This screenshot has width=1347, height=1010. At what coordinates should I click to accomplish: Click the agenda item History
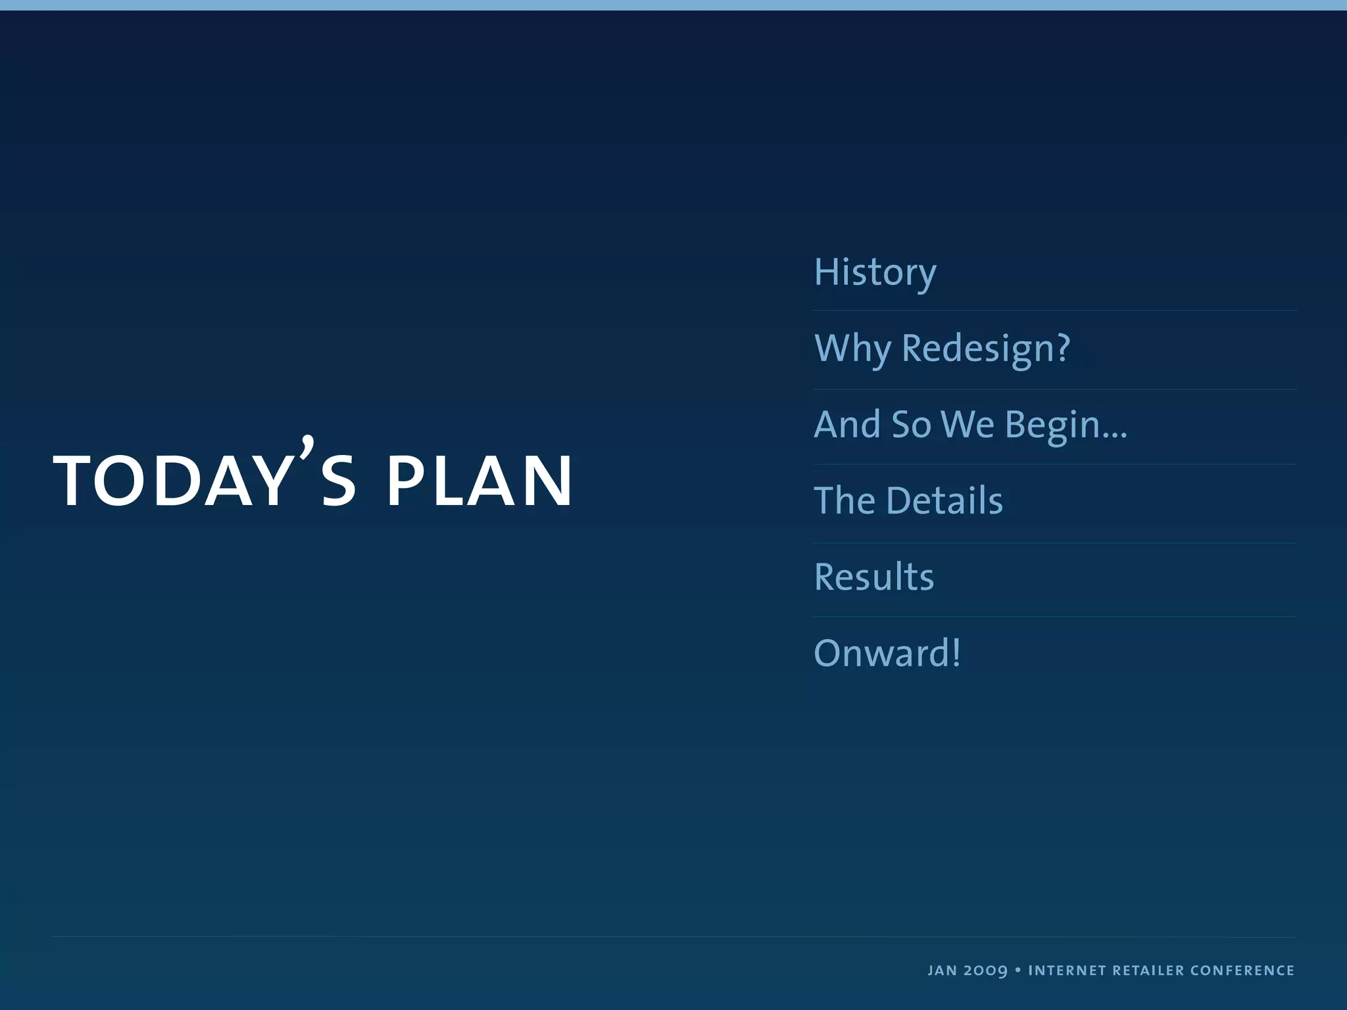[875, 272]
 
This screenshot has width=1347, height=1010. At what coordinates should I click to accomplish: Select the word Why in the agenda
[852, 349]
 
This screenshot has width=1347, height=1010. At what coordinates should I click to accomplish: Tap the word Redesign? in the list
[985, 349]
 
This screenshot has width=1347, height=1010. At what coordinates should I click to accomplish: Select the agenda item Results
[873, 577]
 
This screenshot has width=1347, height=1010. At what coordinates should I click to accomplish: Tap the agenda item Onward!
[887, 653]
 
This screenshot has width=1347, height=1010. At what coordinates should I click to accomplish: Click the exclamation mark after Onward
[955, 653]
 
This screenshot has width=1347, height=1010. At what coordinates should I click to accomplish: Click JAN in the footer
[942, 971]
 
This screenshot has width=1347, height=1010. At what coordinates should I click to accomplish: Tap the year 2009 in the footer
[985, 971]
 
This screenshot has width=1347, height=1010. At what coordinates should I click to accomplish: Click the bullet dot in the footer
[1017, 970]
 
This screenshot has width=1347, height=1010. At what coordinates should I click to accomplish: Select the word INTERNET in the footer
[1067, 971]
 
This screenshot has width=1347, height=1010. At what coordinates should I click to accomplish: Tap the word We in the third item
[967, 424]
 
